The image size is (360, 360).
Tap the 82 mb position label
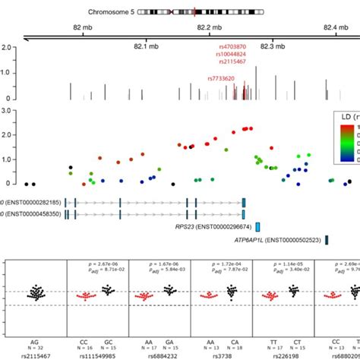[x=83, y=28]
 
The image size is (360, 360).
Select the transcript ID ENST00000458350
[x=32, y=214]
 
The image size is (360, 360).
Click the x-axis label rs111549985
[x=97, y=355]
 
